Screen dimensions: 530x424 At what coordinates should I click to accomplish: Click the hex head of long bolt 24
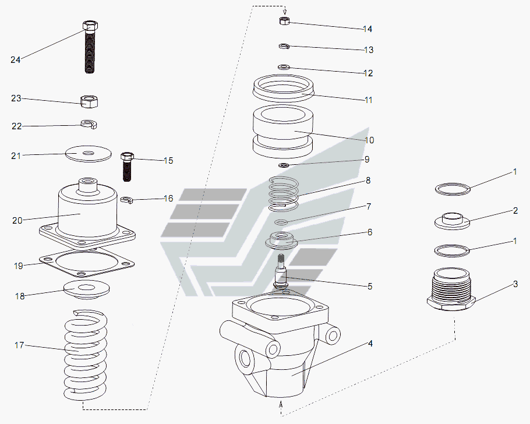tap(90, 26)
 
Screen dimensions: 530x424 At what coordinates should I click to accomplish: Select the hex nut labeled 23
tap(89, 101)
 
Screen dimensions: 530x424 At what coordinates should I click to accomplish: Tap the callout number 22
tap(16, 126)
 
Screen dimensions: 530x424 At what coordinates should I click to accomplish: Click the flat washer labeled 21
tap(89, 154)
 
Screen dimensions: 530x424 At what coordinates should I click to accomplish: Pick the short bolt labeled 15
tap(127, 167)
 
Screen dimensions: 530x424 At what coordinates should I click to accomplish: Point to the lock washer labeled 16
tap(127, 200)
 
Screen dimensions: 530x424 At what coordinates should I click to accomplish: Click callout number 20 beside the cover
tap(17, 221)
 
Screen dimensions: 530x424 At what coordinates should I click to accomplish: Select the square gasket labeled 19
tap(87, 263)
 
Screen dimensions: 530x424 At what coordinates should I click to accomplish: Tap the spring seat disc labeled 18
tap(87, 289)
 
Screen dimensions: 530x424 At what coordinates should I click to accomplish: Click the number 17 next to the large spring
tap(19, 345)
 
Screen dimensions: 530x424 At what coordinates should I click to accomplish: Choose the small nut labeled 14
tap(285, 20)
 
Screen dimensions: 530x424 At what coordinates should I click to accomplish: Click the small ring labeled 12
tap(284, 68)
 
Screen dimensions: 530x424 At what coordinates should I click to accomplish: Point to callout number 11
tap(369, 100)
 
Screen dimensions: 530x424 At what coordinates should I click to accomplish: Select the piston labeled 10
tap(283, 132)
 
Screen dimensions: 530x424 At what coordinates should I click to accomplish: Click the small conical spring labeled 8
tap(284, 194)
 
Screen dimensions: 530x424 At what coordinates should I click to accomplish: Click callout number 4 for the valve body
tap(370, 344)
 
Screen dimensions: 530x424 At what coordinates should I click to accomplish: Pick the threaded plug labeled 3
tap(451, 289)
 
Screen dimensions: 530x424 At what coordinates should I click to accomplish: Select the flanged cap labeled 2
tap(453, 221)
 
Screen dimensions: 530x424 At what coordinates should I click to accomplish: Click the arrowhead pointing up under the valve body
tap(281, 402)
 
